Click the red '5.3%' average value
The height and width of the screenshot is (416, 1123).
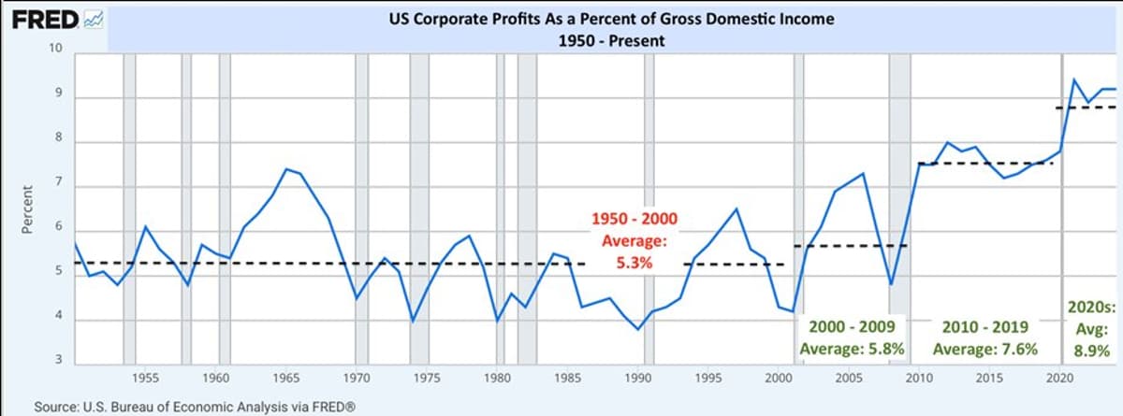click(x=633, y=264)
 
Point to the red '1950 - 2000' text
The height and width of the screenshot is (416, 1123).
click(x=633, y=221)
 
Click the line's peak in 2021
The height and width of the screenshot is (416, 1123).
click(x=1073, y=79)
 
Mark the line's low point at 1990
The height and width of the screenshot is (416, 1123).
click(x=638, y=329)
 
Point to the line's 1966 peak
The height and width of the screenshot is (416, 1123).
click(x=286, y=169)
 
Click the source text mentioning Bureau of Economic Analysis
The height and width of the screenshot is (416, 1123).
click(x=182, y=407)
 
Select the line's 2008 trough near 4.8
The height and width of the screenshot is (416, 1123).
click(x=891, y=284)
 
